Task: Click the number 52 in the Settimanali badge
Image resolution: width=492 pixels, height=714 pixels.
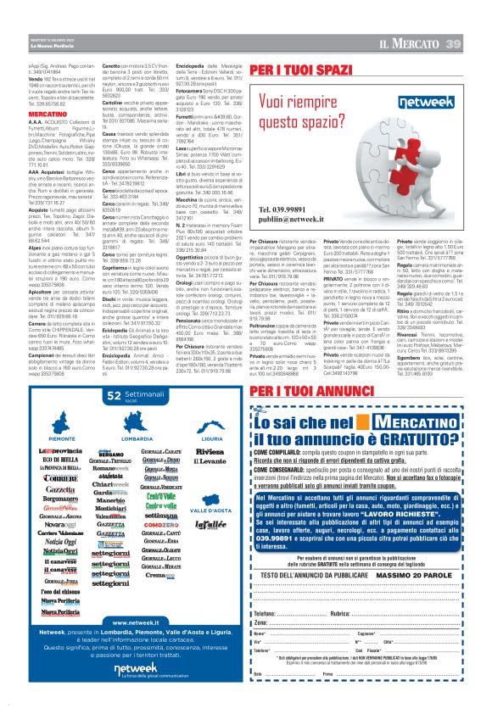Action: click(x=114, y=395)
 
